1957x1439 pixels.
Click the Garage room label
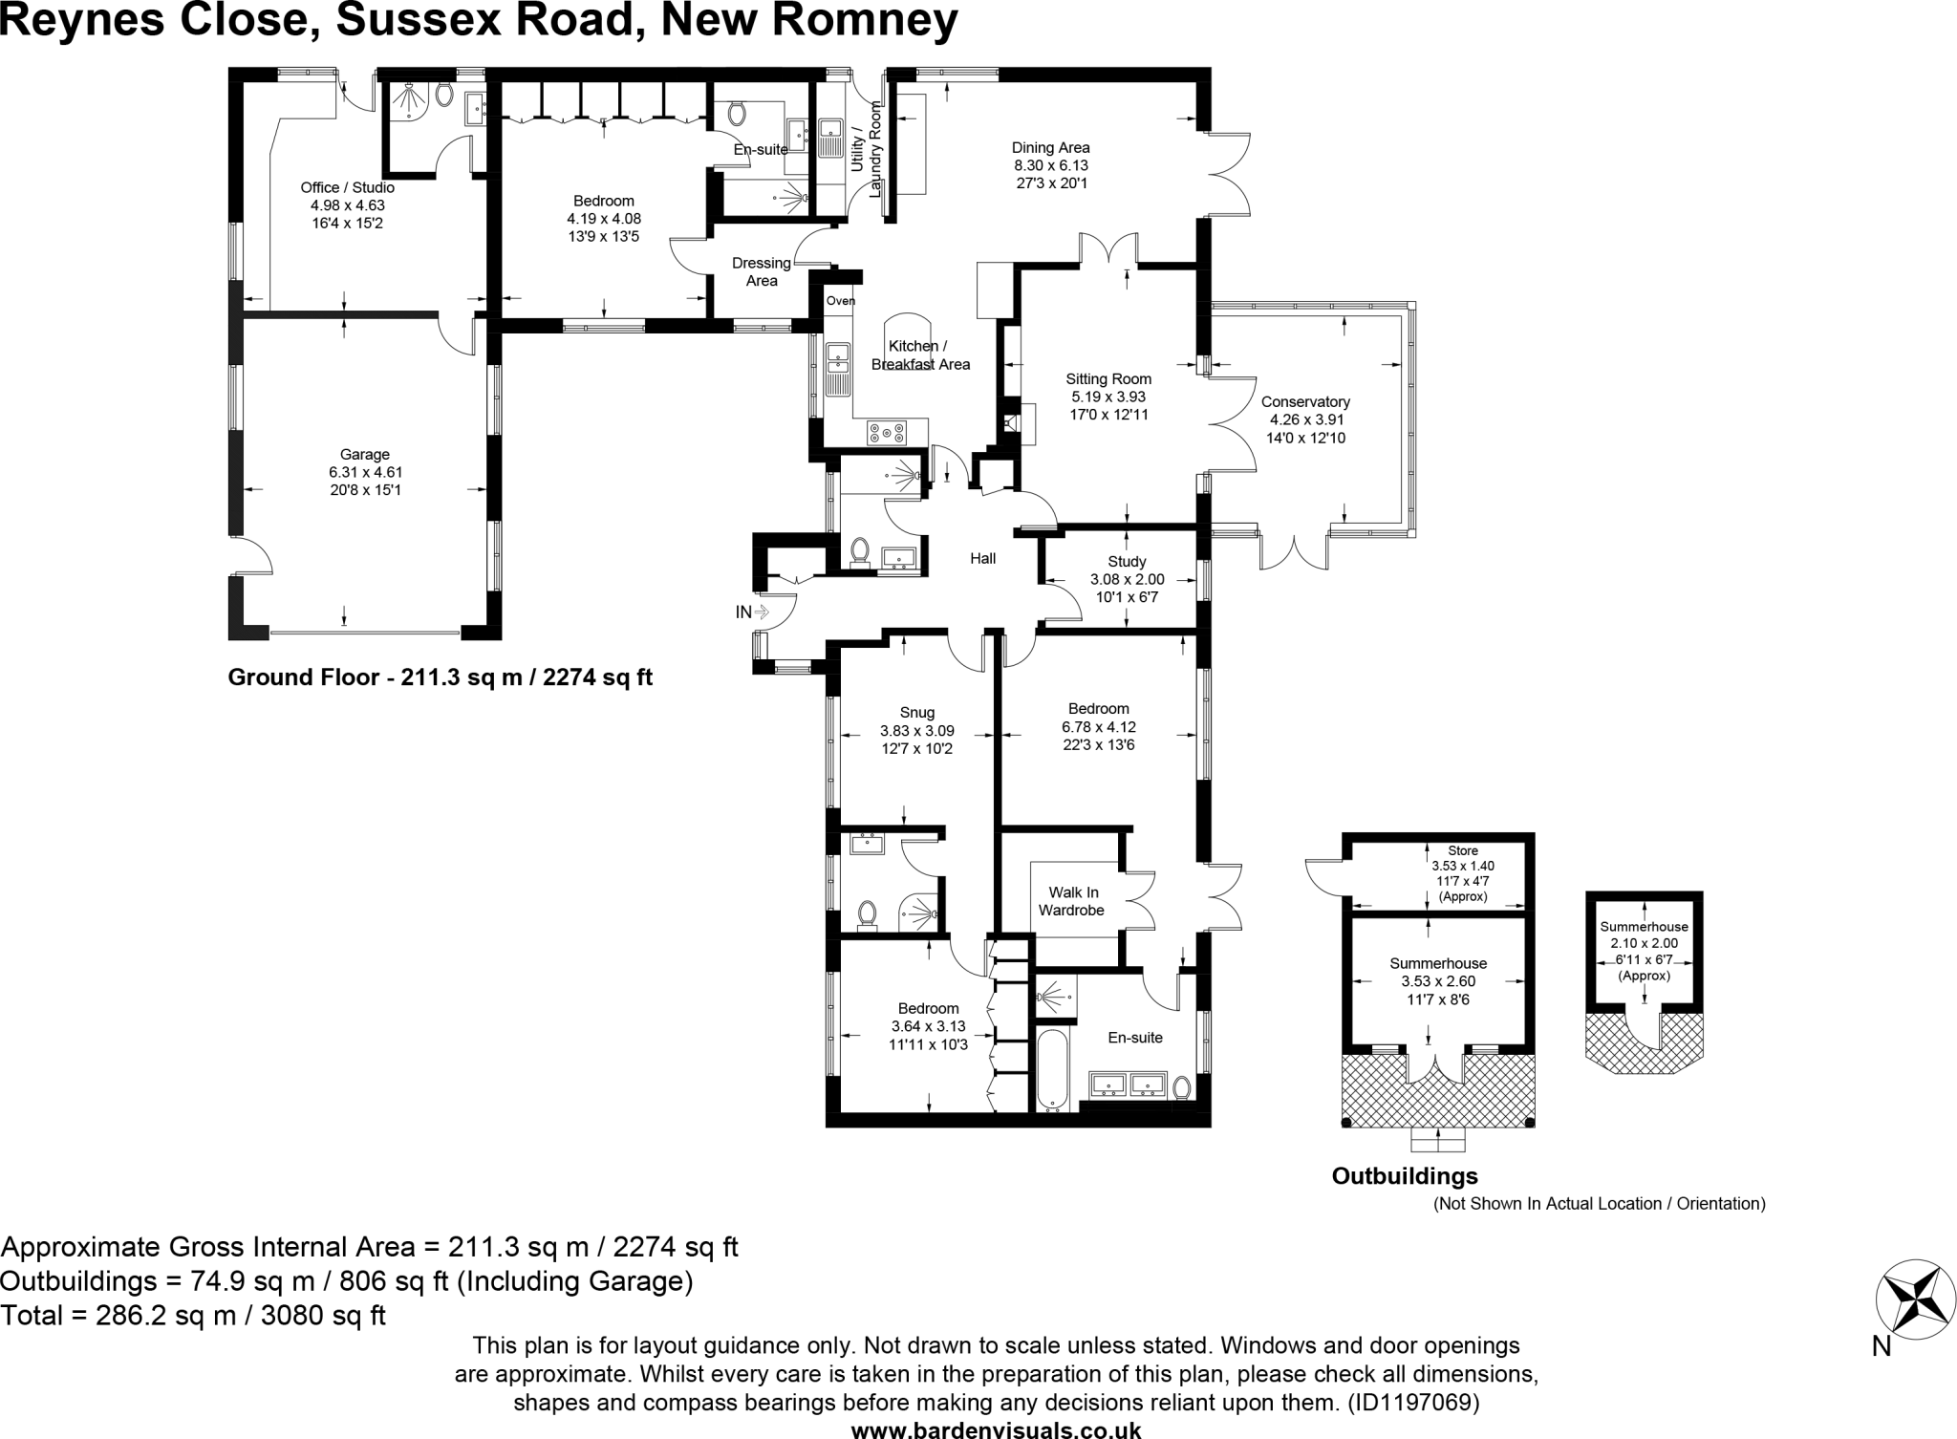pyautogui.click(x=364, y=455)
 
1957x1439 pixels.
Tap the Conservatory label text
pyautogui.click(x=1304, y=402)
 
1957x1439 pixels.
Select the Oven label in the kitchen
pyautogui.click(x=840, y=301)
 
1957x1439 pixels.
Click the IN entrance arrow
pyautogui.click(x=752, y=612)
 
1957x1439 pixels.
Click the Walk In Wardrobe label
pyautogui.click(x=1071, y=902)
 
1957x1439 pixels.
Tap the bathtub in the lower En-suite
pyautogui.click(x=1052, y=1071)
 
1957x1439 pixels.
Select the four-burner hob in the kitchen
pyautogui.click(x=887, y=433)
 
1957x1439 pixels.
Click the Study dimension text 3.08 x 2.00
pyautogui.click(x=1127, y=580)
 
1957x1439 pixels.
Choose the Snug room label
pyautogui.click(x=916, y=713)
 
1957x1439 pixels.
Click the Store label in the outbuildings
pyautogui.click(x=1462, y=850)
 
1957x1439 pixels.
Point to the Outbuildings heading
pyautogui.click(x=1404, y=1176)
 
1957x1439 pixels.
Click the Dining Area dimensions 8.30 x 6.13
pyautogui.click(x=1050, y=165)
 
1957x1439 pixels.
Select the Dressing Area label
pyautogui.click(x=762, y=271)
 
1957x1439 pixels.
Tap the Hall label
pyautogui.click(x=982, y=559)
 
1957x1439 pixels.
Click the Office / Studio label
pyautogui.click(x=347, y=187)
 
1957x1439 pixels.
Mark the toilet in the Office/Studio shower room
pyautogui.click(x=443, y=95)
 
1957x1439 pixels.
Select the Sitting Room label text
pyautogui.click(x=1108, y=379)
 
